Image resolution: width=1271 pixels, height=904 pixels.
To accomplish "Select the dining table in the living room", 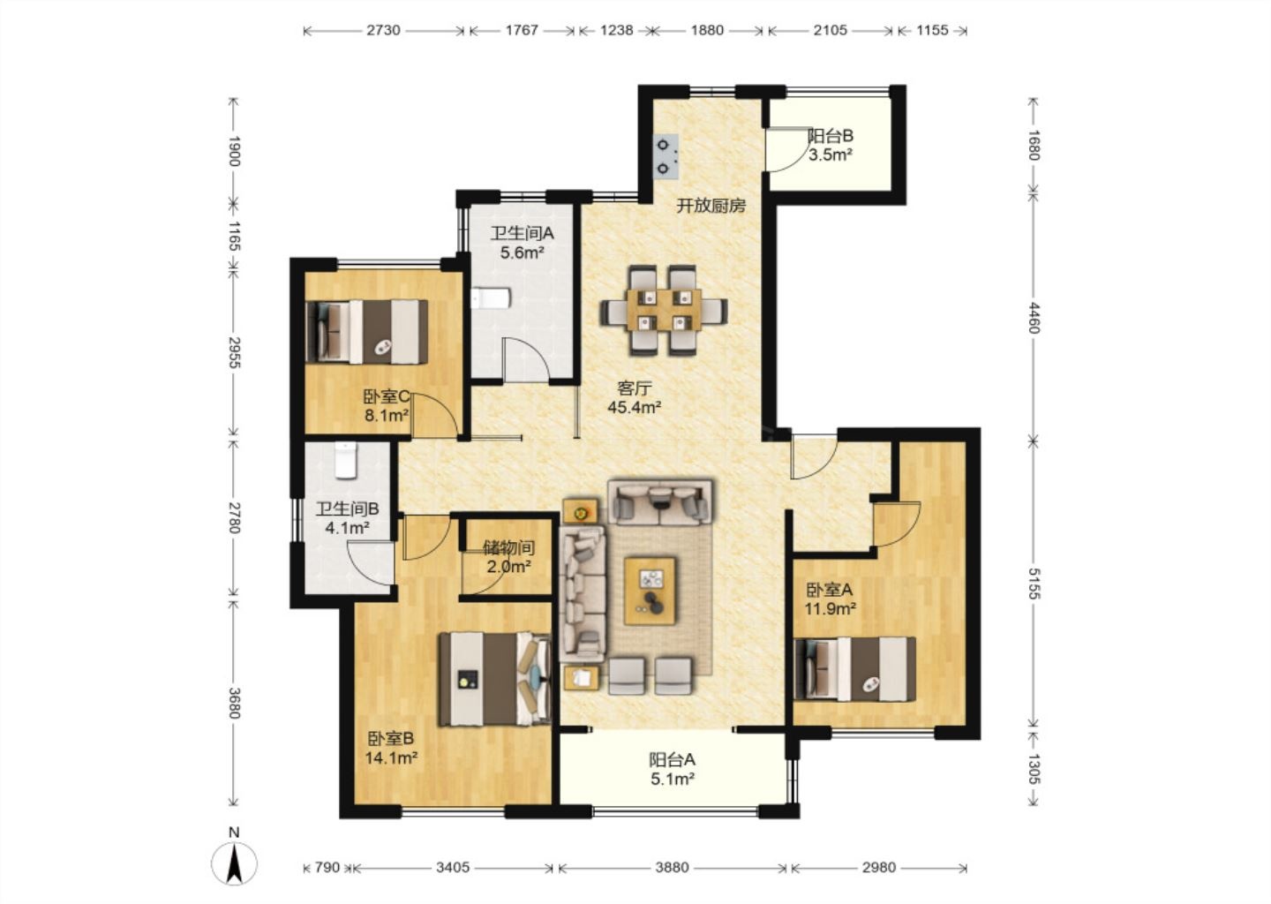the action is pos(664,310).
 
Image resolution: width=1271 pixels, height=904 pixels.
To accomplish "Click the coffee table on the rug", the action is pos(650,591).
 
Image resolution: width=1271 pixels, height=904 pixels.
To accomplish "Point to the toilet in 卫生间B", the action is pos(346,460).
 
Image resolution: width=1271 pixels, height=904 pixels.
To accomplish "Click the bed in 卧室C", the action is pos(366,331).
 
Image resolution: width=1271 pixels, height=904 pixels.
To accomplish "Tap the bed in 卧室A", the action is pos(855,669).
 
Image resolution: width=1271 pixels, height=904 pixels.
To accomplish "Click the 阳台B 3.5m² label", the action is pos(831,146).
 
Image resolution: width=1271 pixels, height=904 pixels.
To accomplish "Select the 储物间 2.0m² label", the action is pos(509,557).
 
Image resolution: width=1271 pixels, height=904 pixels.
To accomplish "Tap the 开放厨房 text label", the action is pos(711,206).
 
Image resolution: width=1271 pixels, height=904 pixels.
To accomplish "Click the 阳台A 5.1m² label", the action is pos(673,769).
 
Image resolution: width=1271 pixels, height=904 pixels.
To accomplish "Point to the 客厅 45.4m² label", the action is pos(635,398).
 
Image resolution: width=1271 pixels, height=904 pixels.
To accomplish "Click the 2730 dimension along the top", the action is pos(383,30).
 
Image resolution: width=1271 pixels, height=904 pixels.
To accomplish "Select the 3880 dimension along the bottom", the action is pos(672,867).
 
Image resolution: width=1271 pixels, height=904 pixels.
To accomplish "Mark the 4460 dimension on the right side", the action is pos(1034,319).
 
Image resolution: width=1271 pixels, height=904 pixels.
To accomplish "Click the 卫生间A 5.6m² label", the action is pos(522,242).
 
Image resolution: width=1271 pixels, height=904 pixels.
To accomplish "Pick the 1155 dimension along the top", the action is pos(932,30).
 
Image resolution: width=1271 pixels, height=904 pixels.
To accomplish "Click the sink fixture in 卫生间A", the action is pos(492,298).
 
